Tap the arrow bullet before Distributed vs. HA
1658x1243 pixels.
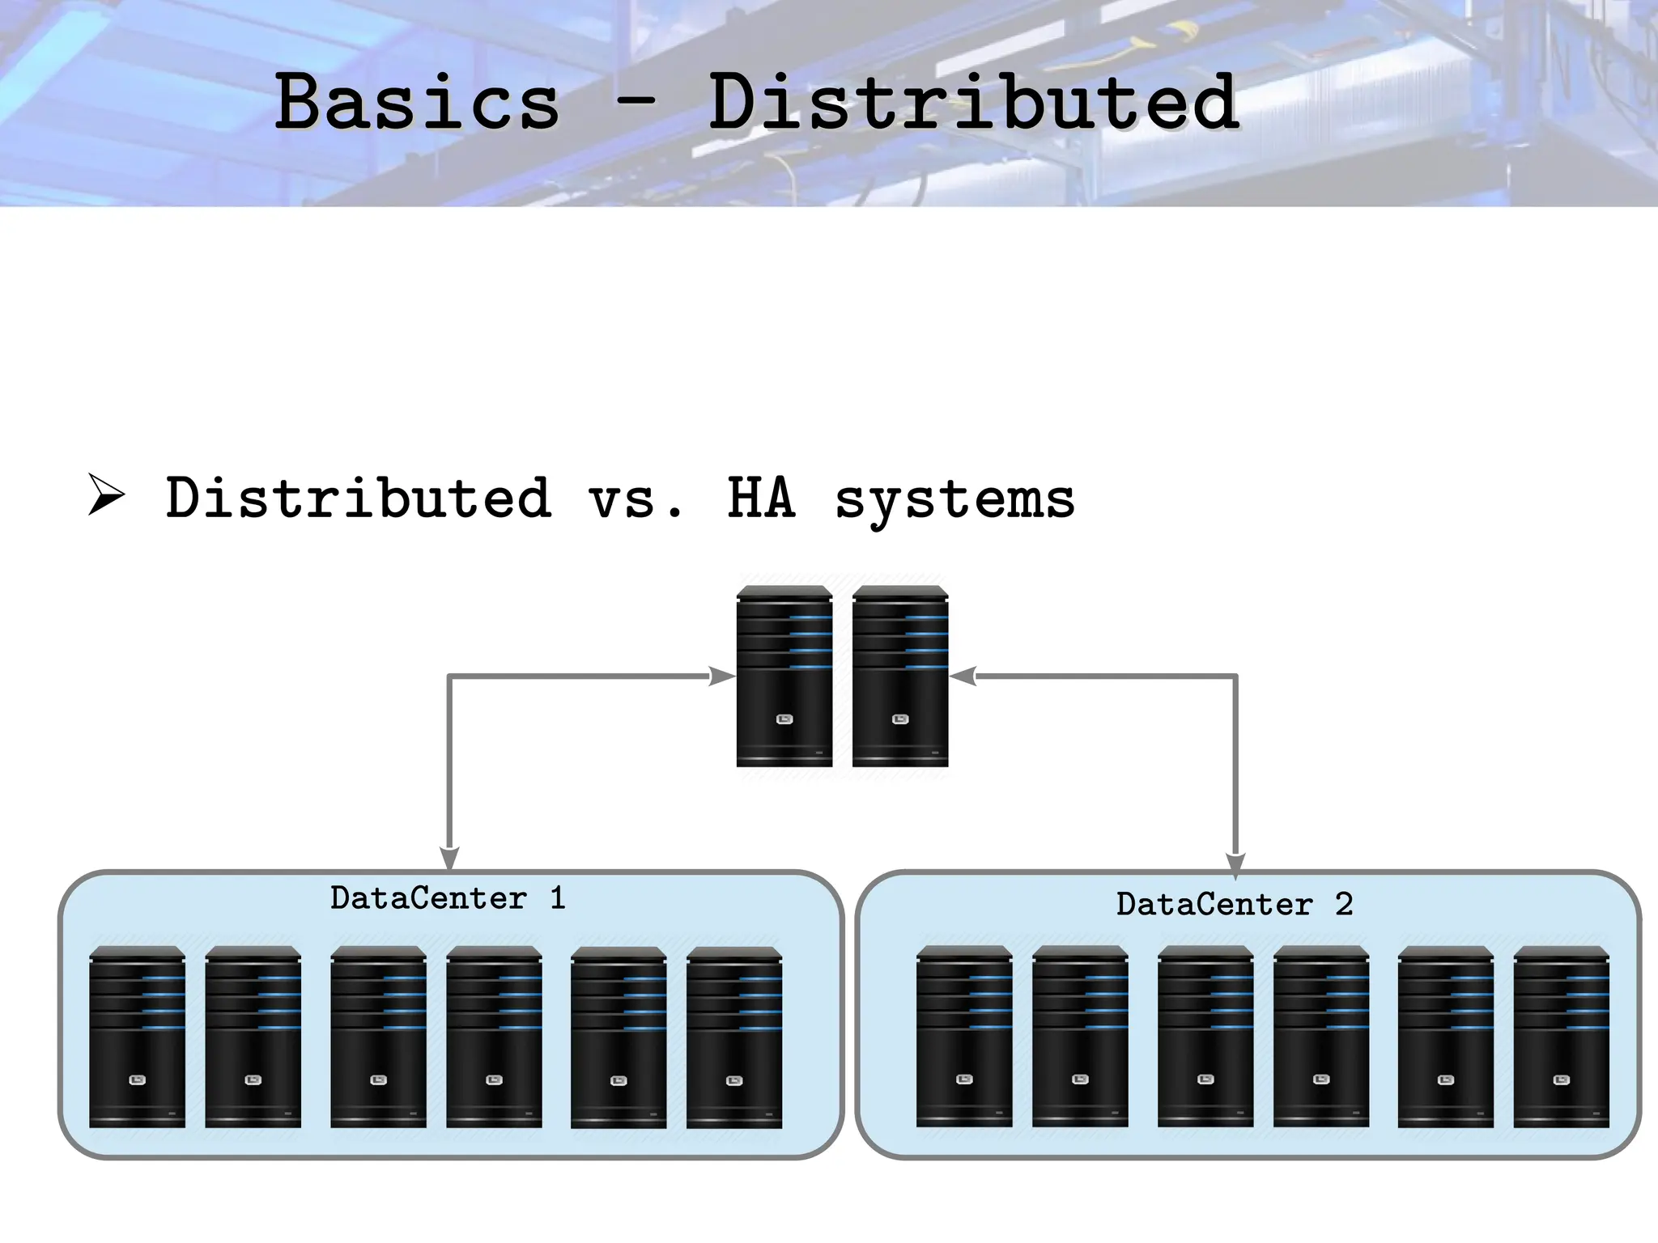pos(106,495)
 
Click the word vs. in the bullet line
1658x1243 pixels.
pos(636,498)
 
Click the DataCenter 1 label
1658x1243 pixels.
pos(448,898)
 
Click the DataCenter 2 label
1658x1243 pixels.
pos(1234,904)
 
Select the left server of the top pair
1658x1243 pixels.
pos(784,677)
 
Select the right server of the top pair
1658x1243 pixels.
pos(899,677)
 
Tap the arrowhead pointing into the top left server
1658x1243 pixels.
pos(721,676)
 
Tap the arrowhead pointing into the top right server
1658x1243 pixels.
pos(963,676)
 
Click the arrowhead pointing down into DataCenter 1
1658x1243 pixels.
pos(449,859)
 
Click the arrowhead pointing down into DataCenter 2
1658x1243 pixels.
pos(1235,864)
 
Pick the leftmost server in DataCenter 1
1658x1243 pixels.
pos(137,1037)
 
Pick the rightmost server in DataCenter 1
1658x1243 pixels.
pos(733,1037)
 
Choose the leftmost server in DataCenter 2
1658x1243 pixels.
pos(963,1036)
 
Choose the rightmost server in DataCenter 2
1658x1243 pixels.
pos(1561,1037)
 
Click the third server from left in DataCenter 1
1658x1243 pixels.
pos(378,1037)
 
